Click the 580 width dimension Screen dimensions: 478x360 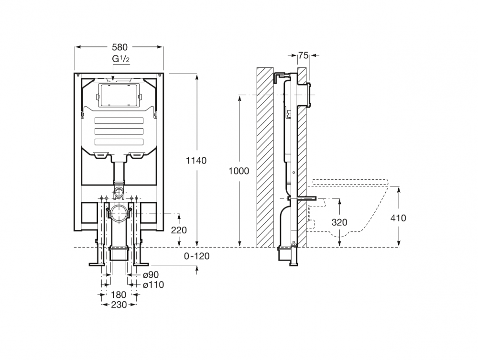point(119,47)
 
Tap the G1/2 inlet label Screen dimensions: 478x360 point(121,59)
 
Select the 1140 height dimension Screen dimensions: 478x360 point(196,160)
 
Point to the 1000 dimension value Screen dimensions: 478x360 point(239,171)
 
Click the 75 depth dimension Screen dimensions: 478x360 point(304,55)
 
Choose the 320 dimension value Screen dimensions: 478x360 point(339,222)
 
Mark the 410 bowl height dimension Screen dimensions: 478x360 point(399,218)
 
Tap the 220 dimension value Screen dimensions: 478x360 point(179,230)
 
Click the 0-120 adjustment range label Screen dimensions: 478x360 point(196,256)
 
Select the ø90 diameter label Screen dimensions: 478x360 point(151,275)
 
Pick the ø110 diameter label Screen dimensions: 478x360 point(153,285)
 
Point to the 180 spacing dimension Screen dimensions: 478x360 point(119,295)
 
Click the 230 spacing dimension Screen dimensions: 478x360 point(119,305)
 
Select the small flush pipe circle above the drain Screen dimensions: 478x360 point(119,192)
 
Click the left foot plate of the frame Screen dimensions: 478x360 point(97,264)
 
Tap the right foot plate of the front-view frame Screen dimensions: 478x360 point(140,264)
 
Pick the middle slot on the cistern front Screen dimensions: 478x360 point(119,131)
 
